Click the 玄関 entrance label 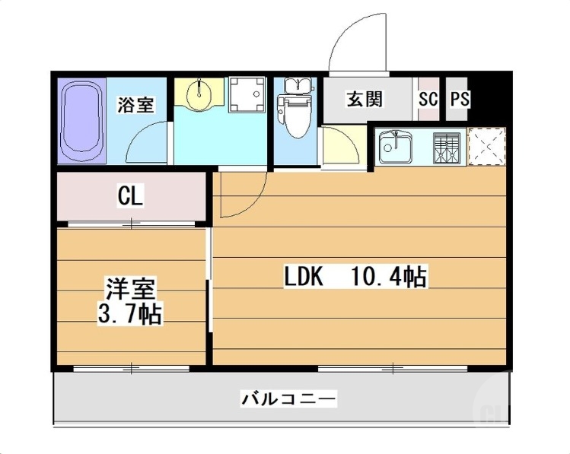click(x=365, y=99)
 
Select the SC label click(x=428, y=99)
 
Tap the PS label click(x=460, y=99)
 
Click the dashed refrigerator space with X click(x=487, y=145)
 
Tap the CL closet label click(x=129, y=197)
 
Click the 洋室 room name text click(x=130, y=290)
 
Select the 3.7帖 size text click(x=130, y=313)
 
